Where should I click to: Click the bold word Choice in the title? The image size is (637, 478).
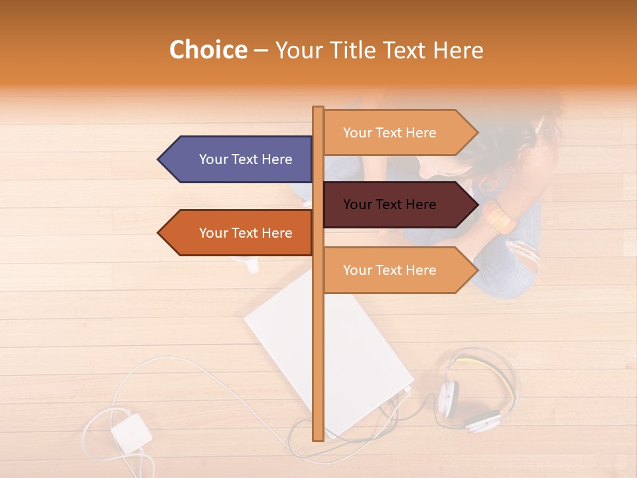208,50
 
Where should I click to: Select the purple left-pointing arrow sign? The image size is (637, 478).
239,159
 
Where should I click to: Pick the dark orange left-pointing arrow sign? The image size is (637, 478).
239,233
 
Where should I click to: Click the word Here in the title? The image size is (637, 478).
459,50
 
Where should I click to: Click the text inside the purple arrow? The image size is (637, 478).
246,159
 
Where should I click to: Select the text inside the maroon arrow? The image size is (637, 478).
389,204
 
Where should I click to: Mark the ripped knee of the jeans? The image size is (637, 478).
524,256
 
